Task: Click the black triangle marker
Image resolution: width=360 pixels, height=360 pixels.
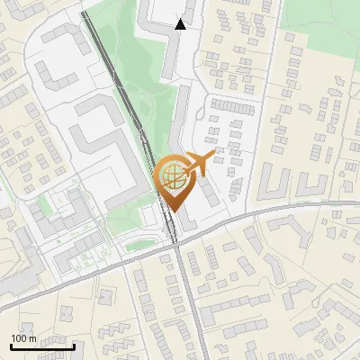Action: tap(181, 24)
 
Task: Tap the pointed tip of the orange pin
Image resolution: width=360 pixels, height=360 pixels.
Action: tap(175, 211)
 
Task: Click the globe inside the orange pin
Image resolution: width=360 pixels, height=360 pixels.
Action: tap(172, 176)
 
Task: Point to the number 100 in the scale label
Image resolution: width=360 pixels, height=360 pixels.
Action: tap(18, 338)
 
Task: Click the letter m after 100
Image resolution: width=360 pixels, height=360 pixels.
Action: tap(32, 338)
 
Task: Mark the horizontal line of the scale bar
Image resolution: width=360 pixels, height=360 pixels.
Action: tap(42, 346)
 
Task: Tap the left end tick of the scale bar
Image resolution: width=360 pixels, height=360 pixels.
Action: tap(11, 345)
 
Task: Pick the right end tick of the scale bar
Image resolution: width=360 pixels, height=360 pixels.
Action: tap(74, 345)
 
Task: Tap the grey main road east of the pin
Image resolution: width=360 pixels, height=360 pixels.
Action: tap(270, 213)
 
